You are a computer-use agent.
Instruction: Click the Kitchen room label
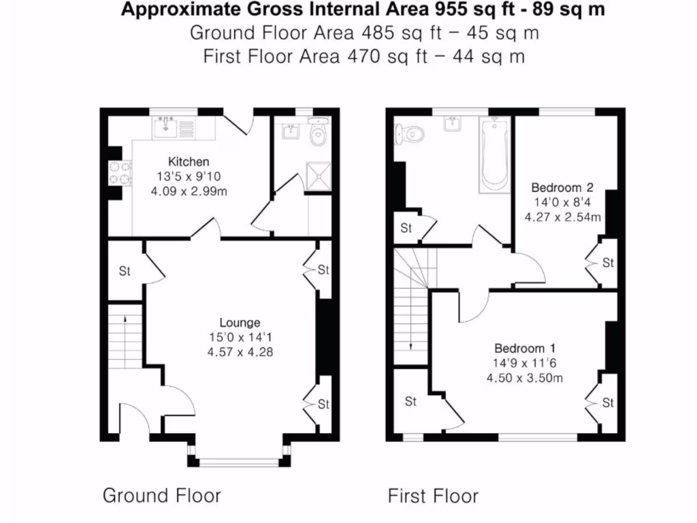click(x=189, y=162)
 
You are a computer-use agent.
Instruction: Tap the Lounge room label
click(x=239, y=322)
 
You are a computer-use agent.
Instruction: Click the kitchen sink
click(x=166, y=126)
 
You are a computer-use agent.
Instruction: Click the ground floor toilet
click(x=317, y=134)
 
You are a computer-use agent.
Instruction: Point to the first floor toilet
click(x=406, y=133)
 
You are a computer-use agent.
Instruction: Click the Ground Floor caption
click(x=161, y=495)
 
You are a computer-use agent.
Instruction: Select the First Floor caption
click(x=433, y=496)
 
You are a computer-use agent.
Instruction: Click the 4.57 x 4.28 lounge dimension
click(x=240, y=352)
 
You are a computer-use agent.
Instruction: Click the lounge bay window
click(x=240, y=462)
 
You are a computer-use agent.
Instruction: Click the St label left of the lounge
click(x=125, y=271)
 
